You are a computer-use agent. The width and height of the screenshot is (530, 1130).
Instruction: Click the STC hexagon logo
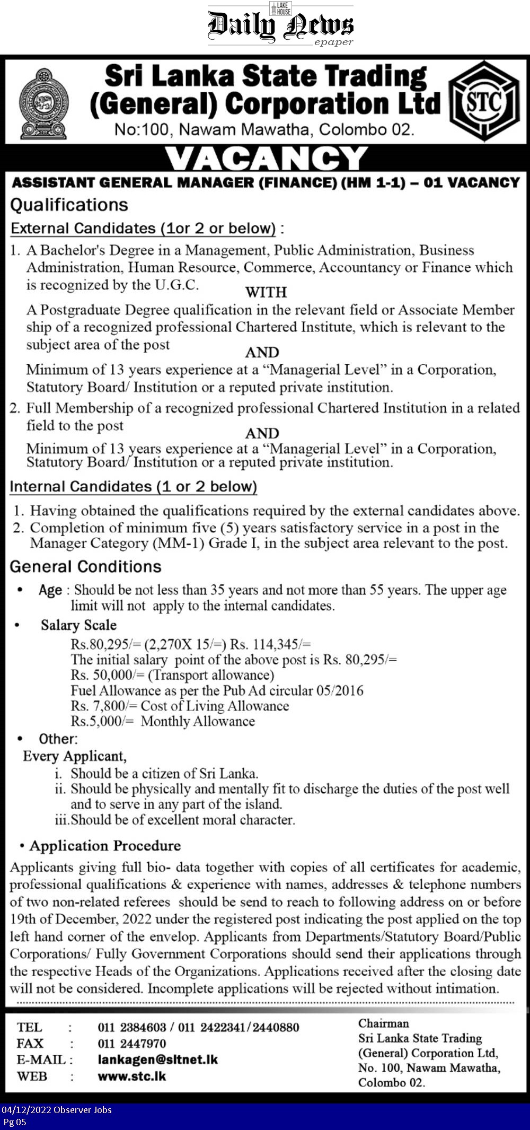[x=483, y=101]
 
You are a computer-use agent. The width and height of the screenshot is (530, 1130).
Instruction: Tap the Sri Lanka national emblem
[x=43, y=103]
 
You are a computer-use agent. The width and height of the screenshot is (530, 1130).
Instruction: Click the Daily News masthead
[x=280, y=25]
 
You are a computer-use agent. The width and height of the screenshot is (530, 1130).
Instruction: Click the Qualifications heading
[x=69, y=205]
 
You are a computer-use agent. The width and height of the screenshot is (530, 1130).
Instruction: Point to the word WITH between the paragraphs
[x=266, y=292]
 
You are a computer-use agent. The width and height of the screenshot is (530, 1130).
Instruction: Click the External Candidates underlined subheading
[x=143, y=229]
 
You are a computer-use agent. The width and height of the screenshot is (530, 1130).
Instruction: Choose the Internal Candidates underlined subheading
[x=133, y=487]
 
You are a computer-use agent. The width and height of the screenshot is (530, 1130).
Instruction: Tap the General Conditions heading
[x=85, y=566]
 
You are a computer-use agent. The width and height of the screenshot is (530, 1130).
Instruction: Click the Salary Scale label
[x=78, y=625]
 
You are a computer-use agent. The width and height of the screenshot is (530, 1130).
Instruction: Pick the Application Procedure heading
[x=105, y=846]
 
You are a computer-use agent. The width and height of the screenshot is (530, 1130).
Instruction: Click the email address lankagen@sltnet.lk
[x=157, y=1059]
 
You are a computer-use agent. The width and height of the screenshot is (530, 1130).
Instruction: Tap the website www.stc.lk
[x=131, y=1076]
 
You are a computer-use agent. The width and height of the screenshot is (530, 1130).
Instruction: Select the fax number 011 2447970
[x=131, y=1044]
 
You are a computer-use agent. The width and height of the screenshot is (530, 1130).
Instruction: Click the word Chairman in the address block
[x=383, y=1023]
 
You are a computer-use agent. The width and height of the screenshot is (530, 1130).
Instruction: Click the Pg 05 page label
[x=14, y=1122]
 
